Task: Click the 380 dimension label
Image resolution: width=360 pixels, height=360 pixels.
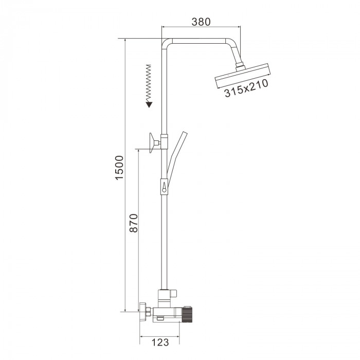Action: click(x=201, y=22)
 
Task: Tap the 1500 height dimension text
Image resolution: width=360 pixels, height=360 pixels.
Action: click(x=119, y=168)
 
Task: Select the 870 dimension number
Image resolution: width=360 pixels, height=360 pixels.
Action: click(x=133, y=223)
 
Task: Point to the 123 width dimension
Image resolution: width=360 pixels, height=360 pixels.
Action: click(x=160, y=343)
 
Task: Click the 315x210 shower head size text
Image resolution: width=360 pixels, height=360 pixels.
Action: click(x=246, y=88)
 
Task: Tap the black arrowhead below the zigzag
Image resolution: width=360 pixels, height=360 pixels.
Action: click(x=149, y=105)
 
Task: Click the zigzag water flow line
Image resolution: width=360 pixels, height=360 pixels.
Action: click(x=149, y=83)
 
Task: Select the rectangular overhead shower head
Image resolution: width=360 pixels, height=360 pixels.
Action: click(x=243, y=76)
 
